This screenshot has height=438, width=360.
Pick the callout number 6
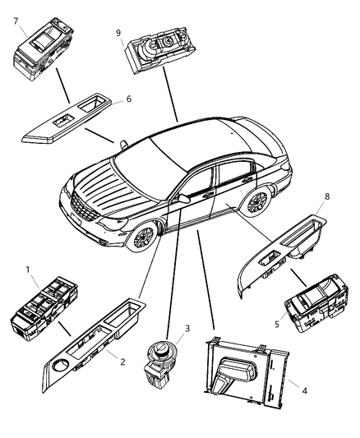point(128,99)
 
